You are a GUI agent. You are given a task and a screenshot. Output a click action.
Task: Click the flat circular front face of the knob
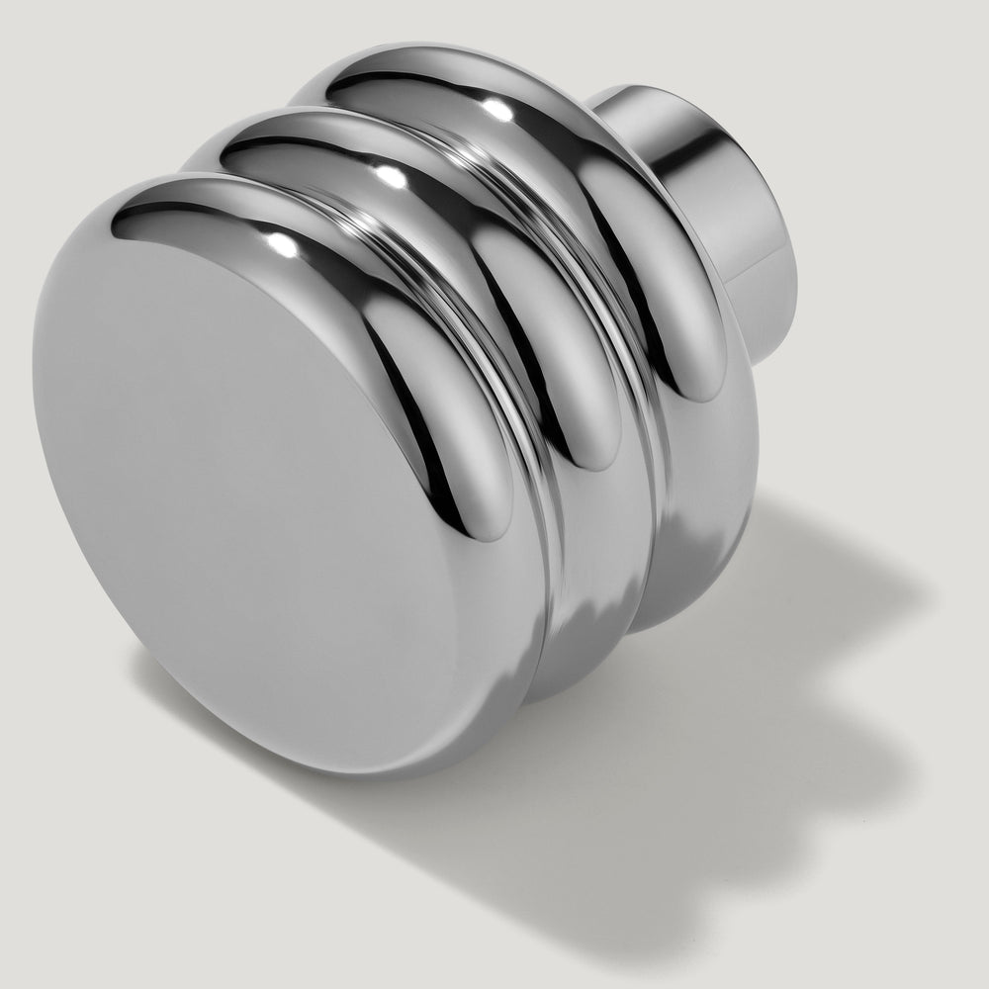pyautogui.click(x=247, y=475)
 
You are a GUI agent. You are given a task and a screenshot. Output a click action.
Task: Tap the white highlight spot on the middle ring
pyautogui.click(x=391, y=175)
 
